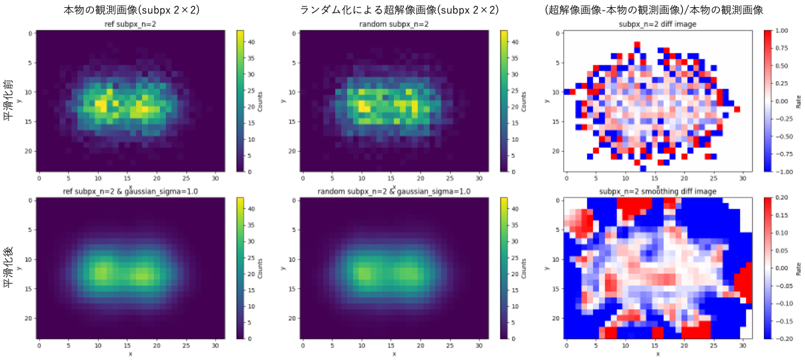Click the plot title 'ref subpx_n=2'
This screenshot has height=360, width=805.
[x=130, y=25]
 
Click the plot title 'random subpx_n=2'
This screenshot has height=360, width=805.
[x=394, y=25]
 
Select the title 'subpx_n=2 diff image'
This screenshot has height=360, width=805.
[x=657, y=25]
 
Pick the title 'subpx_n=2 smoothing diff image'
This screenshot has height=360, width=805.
[x=657, y=192]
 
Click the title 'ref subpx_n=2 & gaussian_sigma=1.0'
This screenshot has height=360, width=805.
[x=130, y=192]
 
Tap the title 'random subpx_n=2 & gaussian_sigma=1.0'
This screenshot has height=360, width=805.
[x=394, y=192]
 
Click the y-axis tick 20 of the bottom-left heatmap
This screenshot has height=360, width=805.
[x=28, y=317]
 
